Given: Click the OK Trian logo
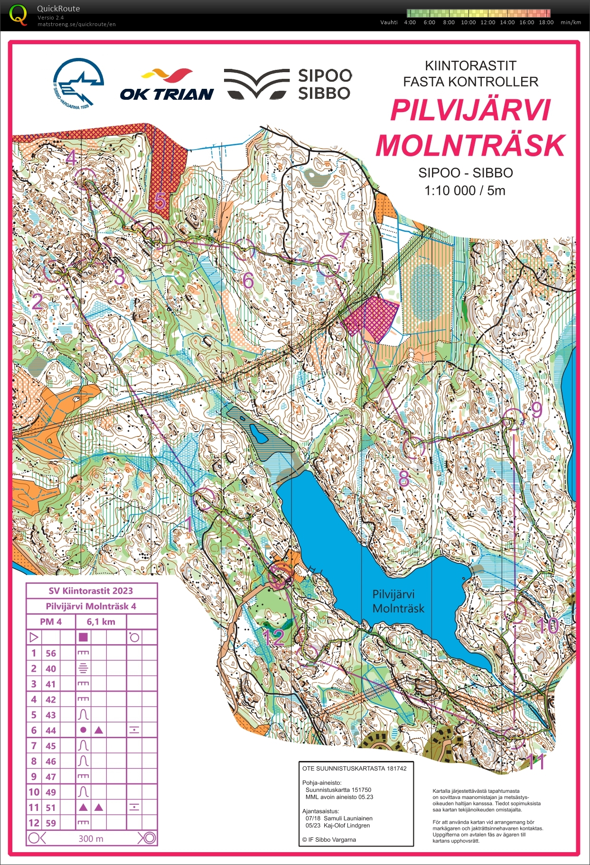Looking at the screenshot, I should click(167, 86).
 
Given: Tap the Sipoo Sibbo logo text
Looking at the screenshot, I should click(325, 84).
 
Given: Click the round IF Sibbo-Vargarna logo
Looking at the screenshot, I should click(78, 83).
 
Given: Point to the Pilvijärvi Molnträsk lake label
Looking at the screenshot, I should click(398, 601).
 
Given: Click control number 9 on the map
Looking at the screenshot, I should click(536, 409).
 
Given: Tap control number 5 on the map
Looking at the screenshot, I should click(160, 201).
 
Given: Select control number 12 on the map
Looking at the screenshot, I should click(273, 637).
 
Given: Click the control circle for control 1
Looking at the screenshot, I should click(206, 499).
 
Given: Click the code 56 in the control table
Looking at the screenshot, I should click(51, 653).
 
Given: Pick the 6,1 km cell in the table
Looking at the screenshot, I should click(101, 621).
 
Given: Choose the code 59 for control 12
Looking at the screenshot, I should click(51, 823).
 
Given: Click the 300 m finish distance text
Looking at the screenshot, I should click(91, 838).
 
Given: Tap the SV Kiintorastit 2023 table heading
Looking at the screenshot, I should click(91, 591).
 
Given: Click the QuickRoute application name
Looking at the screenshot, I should click(58, 9).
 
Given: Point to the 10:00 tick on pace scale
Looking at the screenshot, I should click(468, 22).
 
